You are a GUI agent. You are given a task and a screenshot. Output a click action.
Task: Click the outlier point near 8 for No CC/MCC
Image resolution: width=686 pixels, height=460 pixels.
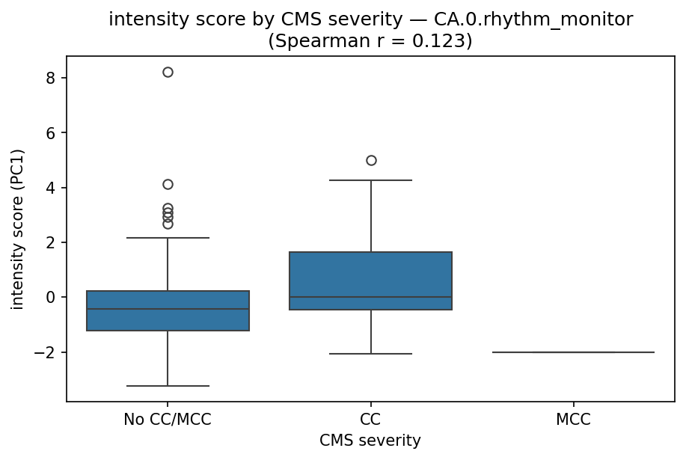tap(168, 72)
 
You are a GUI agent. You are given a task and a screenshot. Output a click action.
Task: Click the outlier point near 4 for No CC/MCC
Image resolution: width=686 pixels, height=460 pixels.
tap(168, 184)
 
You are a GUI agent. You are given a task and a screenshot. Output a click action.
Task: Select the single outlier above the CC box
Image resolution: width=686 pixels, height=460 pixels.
tap(371, 160)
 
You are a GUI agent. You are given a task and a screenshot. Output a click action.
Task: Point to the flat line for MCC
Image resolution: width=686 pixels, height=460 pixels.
tap(574, 352)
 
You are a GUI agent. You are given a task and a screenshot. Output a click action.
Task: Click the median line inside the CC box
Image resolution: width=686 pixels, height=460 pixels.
tap(371, 297)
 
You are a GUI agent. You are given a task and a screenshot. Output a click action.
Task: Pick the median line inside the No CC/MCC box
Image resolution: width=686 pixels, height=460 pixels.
tap(168, 309)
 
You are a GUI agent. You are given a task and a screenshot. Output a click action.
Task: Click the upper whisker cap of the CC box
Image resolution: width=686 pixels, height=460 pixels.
tap(371, 180)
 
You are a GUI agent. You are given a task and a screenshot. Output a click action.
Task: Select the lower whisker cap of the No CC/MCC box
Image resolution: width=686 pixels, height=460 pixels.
tap(168, 386)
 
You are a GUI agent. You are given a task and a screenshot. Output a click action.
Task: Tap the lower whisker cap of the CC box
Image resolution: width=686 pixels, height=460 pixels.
tap(371, 354)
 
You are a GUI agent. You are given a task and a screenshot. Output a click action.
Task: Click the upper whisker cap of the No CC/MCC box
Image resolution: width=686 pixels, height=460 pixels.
tap(168, 238)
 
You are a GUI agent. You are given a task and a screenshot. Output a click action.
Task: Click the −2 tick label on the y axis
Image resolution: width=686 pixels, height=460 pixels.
tap(47, 352)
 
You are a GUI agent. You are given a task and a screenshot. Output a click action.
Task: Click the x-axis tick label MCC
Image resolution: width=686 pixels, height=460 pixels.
tap(574, 420)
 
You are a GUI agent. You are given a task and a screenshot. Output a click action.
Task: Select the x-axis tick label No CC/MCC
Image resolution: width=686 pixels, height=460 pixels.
tap(168, 420)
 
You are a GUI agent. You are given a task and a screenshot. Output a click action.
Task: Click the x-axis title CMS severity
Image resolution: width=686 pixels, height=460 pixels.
tap(370, 441)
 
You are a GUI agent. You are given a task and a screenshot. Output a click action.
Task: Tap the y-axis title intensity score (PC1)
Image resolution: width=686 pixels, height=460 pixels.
tap(18, 228)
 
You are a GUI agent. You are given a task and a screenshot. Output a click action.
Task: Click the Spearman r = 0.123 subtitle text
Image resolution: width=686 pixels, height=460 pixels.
tap(370, 40)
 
